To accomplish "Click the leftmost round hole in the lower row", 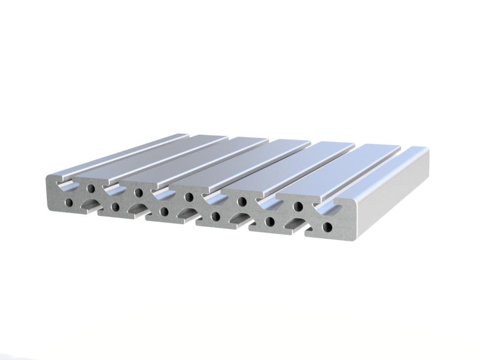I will coord(69,203).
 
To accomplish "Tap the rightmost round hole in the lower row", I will coord(327,227).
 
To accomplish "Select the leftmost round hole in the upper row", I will coord(91,188).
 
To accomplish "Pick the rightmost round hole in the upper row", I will coord(298,206).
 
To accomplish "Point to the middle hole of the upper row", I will coord(188,197).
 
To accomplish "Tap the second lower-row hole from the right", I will coord(269,221).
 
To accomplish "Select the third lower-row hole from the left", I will coord(164,212).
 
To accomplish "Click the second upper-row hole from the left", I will coord(139,192).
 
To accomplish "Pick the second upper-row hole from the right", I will coord(242,201).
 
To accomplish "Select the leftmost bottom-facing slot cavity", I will coord(92,203).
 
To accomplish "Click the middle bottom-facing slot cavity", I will coord(187,213).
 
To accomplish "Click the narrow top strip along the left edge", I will coord(118,153).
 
